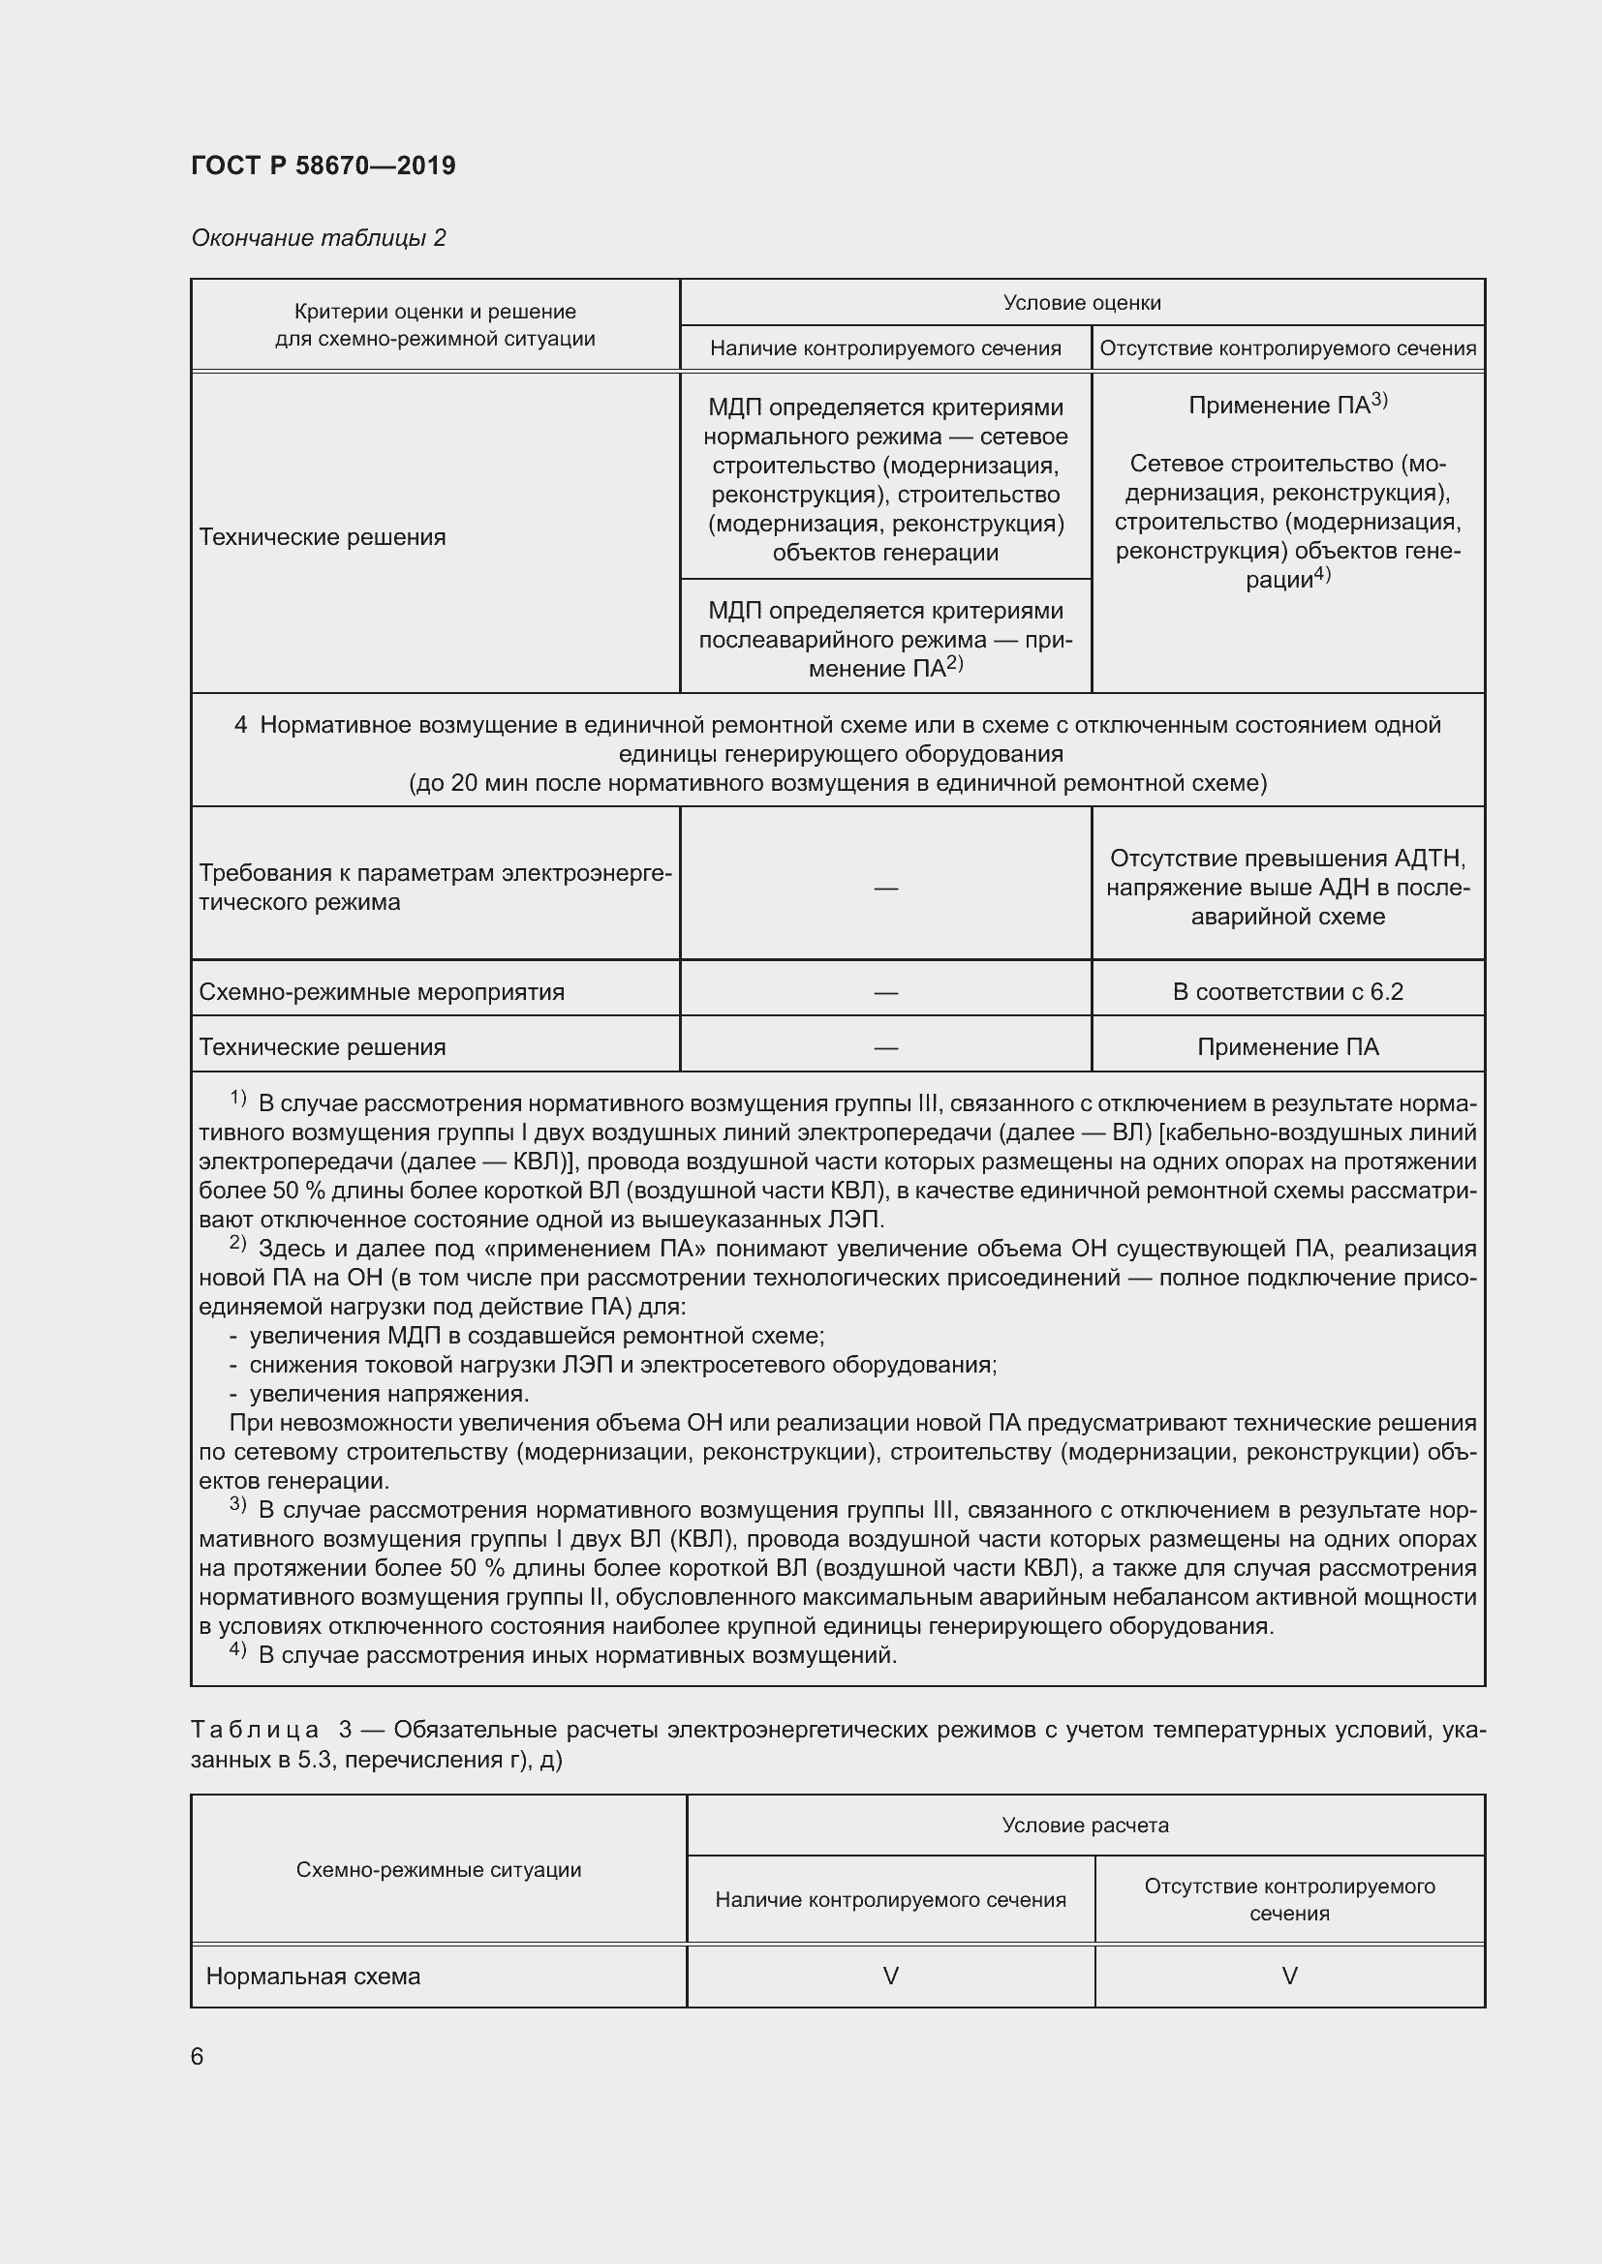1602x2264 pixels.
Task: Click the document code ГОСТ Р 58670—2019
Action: click(x=323, y=166)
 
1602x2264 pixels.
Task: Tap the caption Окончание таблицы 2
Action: click(x=318, y=238)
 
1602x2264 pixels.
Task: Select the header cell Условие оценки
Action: click(x=1081, y=303)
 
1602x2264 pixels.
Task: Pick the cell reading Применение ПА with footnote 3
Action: click(x=1287, y=405)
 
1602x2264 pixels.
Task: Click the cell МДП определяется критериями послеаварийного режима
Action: click(x=885, y=639)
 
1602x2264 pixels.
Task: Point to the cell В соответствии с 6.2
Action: click(x=1287, y=991)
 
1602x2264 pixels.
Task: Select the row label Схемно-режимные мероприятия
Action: click(x=382, y=991)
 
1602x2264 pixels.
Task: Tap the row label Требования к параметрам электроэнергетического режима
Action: click(x=434, y=888)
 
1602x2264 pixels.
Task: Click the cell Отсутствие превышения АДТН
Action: click(x=1287, y=888)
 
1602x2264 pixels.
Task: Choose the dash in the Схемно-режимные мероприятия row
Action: click(x=885, y=992)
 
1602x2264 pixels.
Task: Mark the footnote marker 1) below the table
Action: click(x=237, y=1099)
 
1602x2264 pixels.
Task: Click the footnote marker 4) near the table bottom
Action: click(x=237, y=1648)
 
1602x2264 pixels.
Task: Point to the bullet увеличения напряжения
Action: click(x=388, y=1393)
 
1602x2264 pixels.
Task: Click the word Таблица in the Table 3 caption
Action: click(x=255, y=1730)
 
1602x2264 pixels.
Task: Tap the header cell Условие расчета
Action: click(x=1085, y=1826)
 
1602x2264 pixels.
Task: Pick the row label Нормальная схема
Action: click(x=313, y=1977)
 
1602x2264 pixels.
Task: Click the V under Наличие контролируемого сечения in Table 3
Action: click(x=890, y=1977)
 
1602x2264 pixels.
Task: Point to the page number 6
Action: click(x=198, y=2056)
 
